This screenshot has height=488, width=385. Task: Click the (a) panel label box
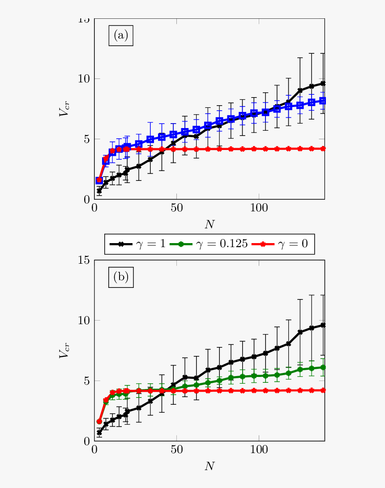tap(121, 35)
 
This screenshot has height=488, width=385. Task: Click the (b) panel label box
tap(121, 277)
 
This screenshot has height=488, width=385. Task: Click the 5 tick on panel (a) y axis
tap(86, 139)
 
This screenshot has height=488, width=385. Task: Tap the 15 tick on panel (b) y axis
tap(83, 260)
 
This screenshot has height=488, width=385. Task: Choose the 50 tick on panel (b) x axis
tap(176, 449)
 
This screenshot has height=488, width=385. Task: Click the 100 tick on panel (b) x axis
tap(259, 449)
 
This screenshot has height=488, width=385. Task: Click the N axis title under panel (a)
tap(210, 223)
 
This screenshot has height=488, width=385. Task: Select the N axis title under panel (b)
tap(210, 466)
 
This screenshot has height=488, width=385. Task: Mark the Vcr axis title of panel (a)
tap(65, 109)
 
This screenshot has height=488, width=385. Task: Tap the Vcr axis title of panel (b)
tap(65, 351)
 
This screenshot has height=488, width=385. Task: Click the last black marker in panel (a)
tap(323, 83)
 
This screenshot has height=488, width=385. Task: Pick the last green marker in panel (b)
tap(323, 367)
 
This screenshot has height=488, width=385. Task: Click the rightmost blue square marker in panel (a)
tap(323, 101)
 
